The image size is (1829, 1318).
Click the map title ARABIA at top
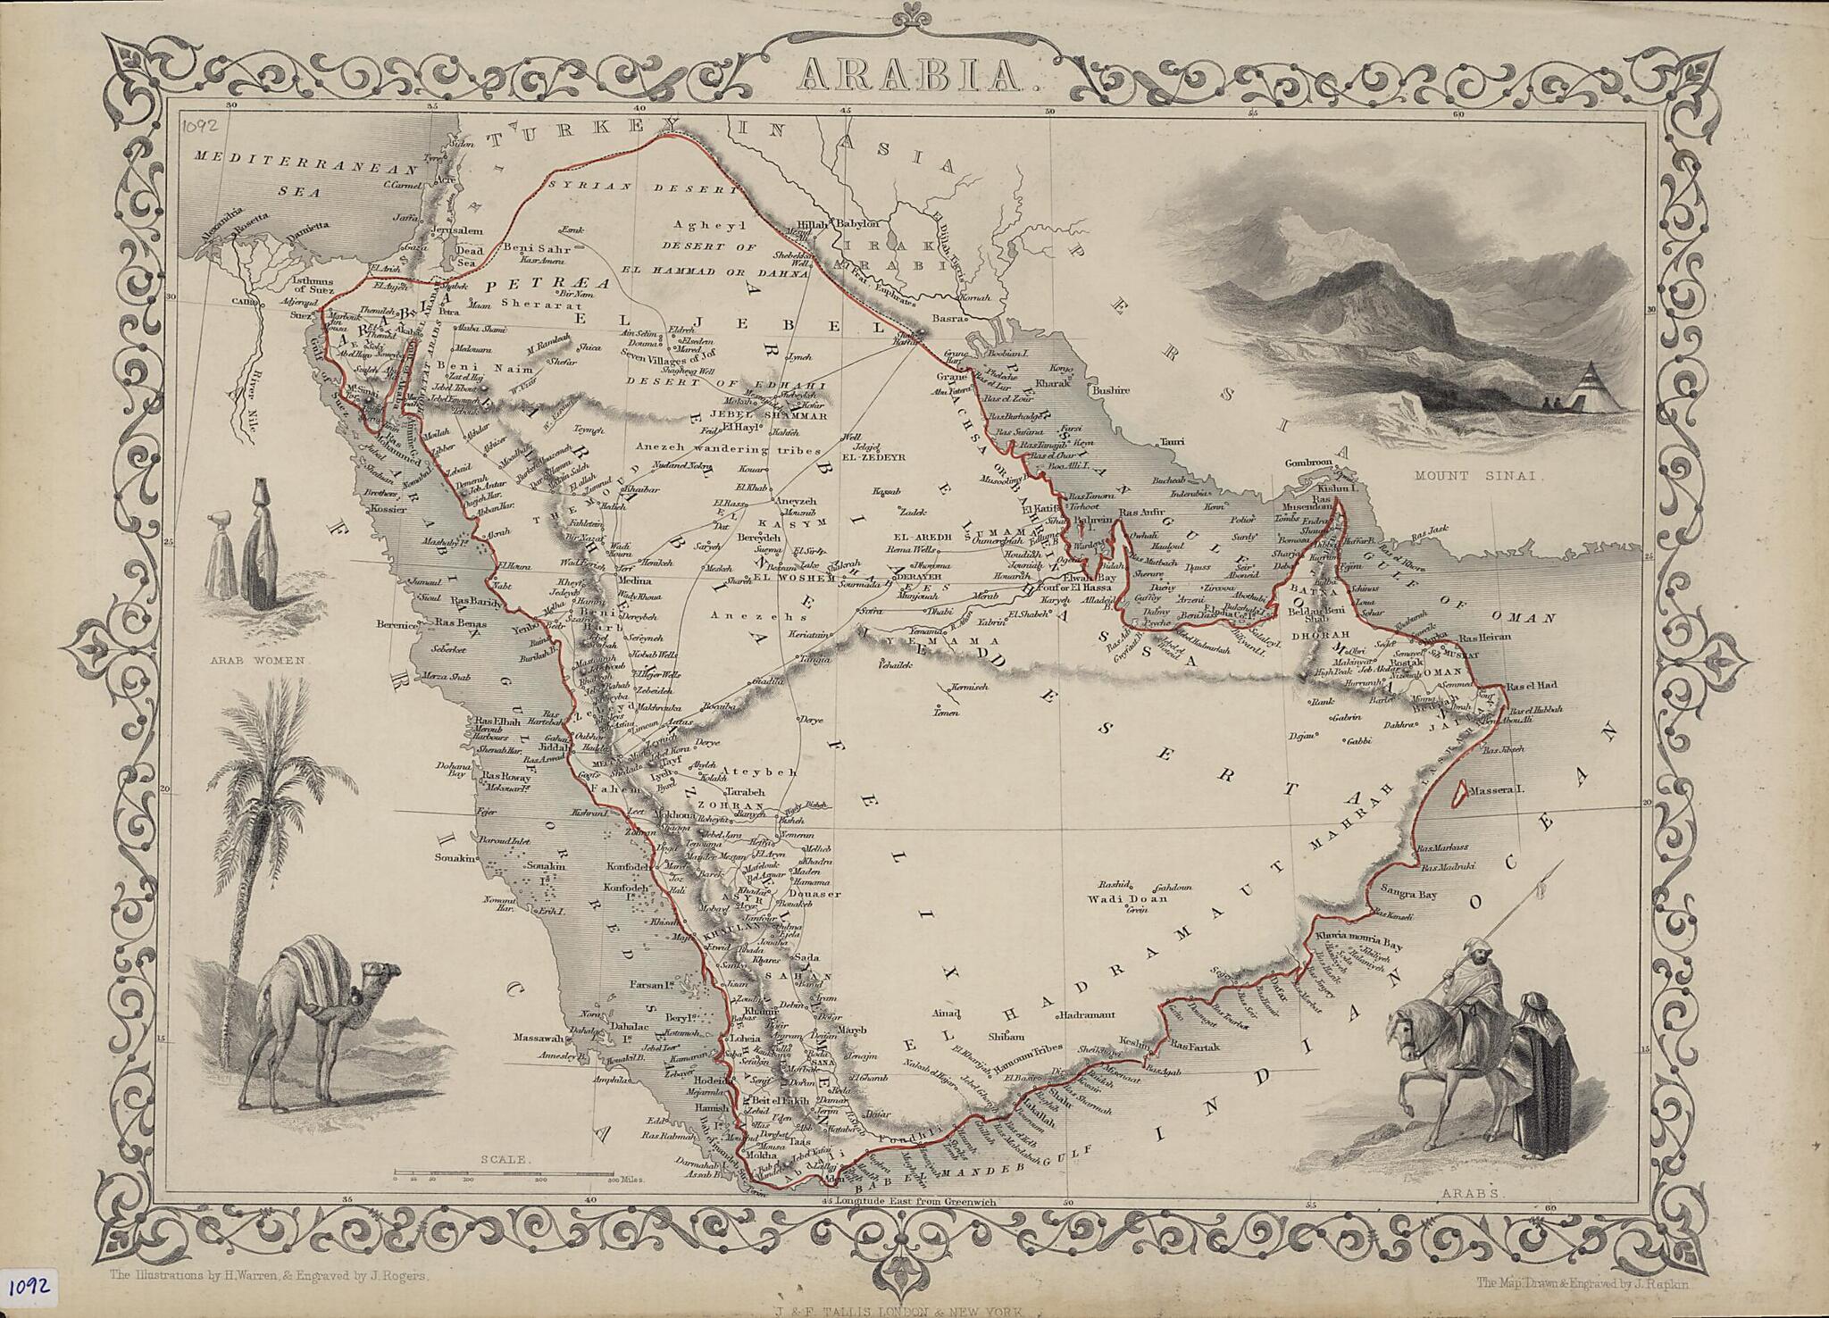click(x=914, y=75)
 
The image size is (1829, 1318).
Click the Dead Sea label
click(x=470, y=257)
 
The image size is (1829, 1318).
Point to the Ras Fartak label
click(x=1194, y=1044)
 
